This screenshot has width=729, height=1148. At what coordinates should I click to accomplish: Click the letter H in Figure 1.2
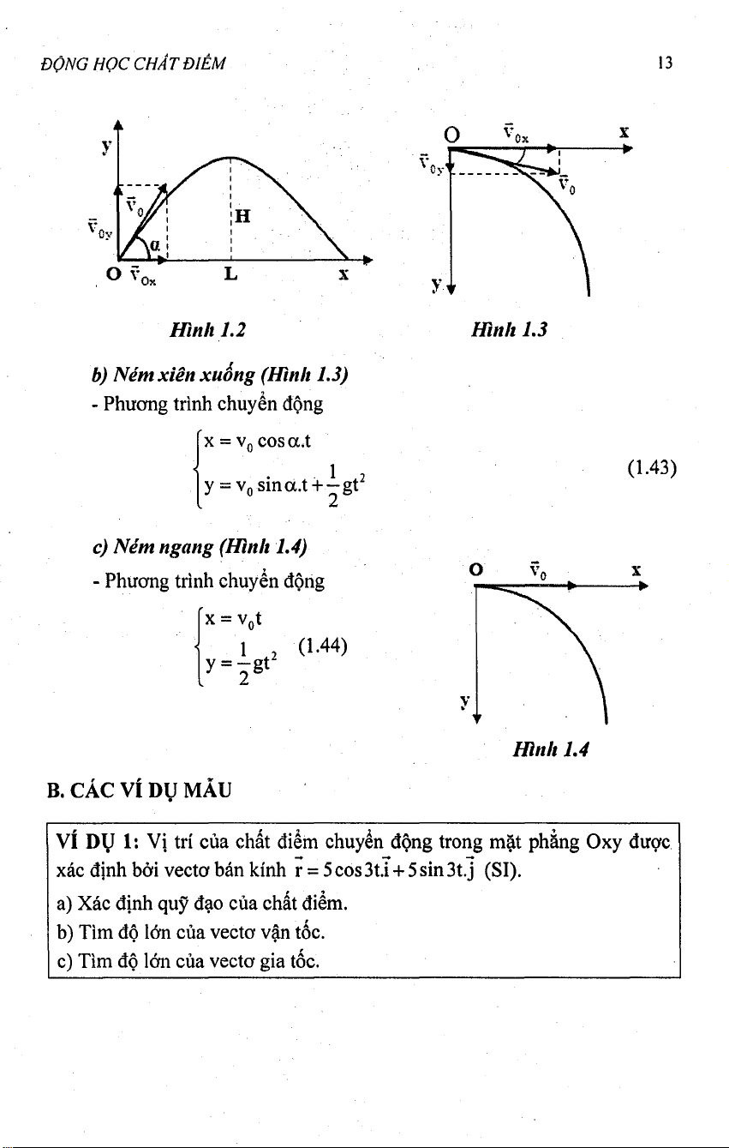coord(242,216)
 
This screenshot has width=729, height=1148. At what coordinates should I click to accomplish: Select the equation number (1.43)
coord(652,468)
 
